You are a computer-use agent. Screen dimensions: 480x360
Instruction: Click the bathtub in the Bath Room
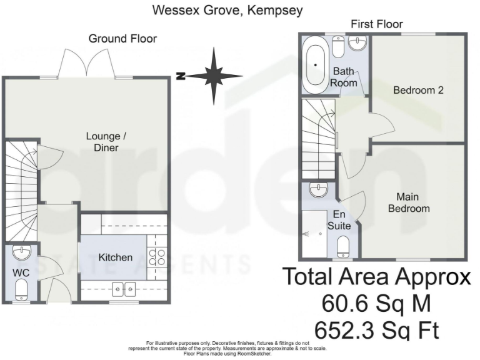[315, 65]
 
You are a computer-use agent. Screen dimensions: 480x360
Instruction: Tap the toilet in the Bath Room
[338, 47]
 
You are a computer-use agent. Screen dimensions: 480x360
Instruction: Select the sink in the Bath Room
[358, 43]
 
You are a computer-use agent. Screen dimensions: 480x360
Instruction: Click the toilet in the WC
[21, 289]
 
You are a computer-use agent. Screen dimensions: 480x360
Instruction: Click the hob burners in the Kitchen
[157, 256]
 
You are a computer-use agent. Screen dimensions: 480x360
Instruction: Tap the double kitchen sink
[124, 289]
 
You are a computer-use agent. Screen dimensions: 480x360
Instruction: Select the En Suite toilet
[343, 246]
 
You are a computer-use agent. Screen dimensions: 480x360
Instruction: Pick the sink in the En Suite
[319, 190]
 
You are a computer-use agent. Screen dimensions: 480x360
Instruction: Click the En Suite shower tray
[314, 234]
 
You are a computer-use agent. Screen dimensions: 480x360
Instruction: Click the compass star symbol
[214, 76]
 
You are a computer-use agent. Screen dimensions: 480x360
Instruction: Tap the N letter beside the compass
[181, 76]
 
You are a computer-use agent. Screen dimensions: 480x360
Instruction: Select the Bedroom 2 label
[418, 90]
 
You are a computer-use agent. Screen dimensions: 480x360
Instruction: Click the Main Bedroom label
[409, 202]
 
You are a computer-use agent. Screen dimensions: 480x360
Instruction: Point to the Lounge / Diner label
[106, 142]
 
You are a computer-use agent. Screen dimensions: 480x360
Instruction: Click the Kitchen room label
[116, 257]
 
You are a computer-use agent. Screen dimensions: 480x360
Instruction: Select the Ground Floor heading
[122, 39]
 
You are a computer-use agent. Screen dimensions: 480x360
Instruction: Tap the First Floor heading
[376, 24]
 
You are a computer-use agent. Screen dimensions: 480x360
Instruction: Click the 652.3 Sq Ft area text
[376, 331]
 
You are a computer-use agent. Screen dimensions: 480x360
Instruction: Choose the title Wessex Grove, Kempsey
[227, 10]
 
